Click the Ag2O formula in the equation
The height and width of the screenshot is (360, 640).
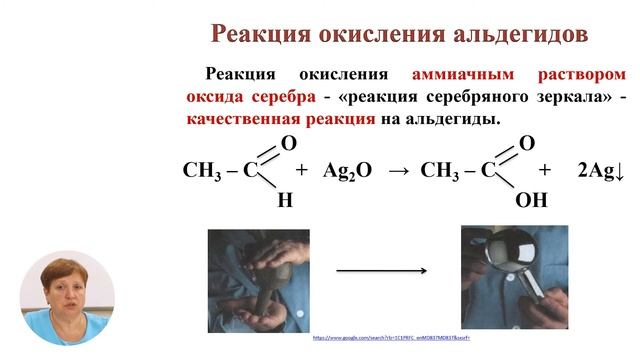(347, 170)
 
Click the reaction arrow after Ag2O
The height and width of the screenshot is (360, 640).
(398, 170)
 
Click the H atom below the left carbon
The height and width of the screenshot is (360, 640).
(285, 199)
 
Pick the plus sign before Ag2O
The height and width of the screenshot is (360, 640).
(301, 170)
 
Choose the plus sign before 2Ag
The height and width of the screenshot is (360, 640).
(544, 170)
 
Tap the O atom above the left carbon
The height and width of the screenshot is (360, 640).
(288, 143)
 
